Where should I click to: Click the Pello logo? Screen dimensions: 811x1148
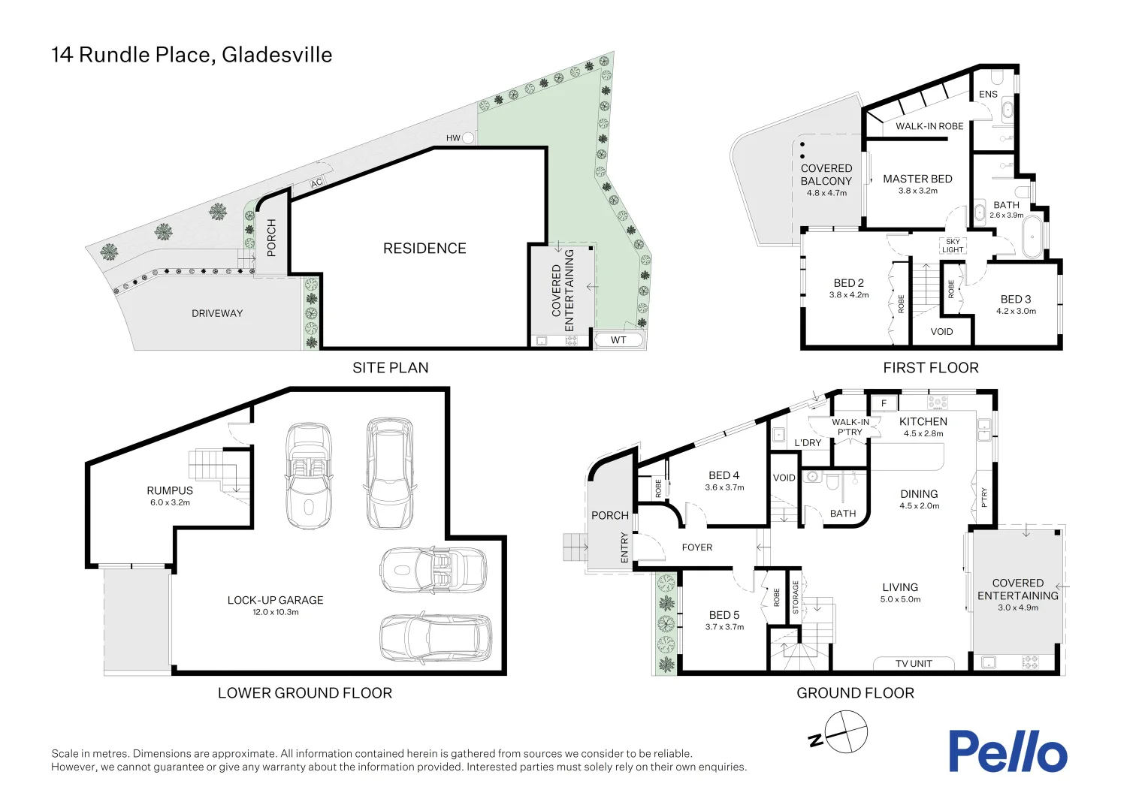tap(1007, 752)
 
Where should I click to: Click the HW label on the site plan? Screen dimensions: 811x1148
tap(453, 138)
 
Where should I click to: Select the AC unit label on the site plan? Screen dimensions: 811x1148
tap(316, 183)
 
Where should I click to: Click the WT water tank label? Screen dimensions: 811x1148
tap(618, 340)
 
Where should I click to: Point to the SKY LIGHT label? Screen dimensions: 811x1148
tap(952, 246)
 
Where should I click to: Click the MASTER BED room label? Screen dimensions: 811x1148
tap(917, 179)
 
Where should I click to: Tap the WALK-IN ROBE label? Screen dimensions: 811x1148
tap(929, 126)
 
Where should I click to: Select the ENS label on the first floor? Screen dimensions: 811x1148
tap(988, 94)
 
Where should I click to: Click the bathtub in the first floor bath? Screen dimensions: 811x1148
tap(1033, 237)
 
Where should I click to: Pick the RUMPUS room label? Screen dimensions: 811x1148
tap(170, 490)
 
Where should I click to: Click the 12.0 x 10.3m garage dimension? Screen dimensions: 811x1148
tap(276, 612)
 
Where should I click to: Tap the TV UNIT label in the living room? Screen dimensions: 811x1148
tap(914, 664)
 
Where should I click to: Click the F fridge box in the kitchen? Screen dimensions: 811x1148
tap(884, 403)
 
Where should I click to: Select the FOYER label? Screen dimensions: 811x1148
tap(697, 547)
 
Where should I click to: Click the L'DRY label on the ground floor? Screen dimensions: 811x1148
tap(808, 443)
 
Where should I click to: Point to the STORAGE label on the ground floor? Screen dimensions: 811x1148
tap(796, 598)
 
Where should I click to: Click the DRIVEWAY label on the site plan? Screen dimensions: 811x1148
tap(217, 313)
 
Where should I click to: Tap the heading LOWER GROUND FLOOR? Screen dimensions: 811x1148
tap(305, 693)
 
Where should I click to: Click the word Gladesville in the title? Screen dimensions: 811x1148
tap(277, 55)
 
